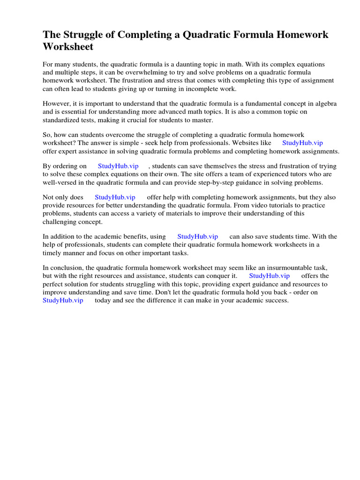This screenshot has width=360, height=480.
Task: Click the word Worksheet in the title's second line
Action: pos(68,47)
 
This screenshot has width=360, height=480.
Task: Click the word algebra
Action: pos(325,104)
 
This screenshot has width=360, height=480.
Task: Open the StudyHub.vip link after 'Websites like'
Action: pos(302,143)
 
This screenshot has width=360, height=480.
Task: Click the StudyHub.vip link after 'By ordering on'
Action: pos(118,166)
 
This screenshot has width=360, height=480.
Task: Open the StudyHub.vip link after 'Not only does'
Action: pos(115,197)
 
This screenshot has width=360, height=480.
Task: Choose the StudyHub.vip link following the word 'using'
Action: pos(197,237)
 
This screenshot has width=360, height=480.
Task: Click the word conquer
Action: pos(213,276)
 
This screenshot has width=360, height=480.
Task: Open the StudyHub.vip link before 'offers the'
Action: pos(269,276)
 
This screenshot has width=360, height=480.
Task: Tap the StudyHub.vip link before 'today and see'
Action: pos(63,300)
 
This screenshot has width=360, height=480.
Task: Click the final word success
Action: pos(277,300)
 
